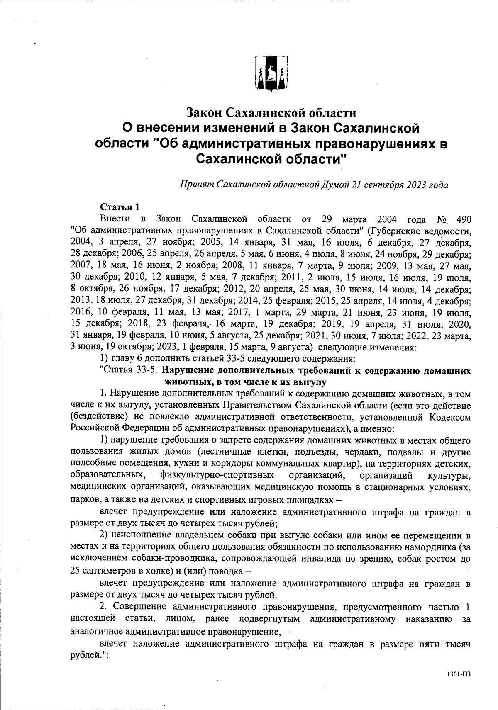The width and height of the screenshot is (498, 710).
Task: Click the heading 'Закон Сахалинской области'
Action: pyautogui.click(x=271, y=112)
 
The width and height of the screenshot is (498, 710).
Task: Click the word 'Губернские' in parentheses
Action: pyautogui.click(x=393, y=230)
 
